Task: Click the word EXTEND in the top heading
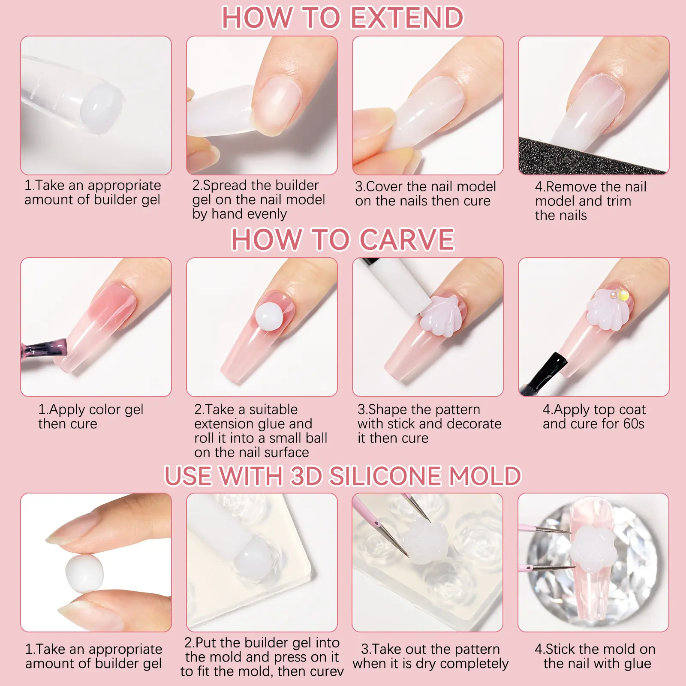[x=407, y=18]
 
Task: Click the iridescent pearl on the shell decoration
[x=622, y=295]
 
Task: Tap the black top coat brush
[x=545, y=372]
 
